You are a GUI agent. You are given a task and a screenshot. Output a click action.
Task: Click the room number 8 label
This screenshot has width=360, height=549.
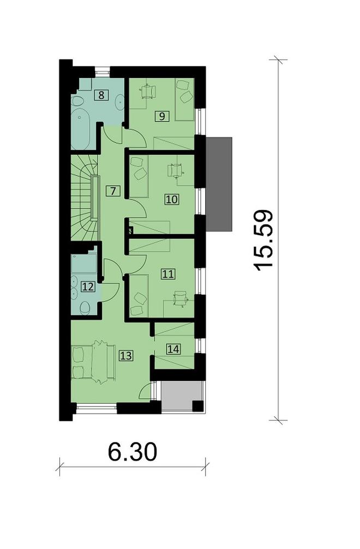pyautogui.click(x=101, y=95)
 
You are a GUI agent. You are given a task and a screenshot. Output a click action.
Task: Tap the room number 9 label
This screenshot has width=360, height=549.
pyautogui.click(x=161, y=116)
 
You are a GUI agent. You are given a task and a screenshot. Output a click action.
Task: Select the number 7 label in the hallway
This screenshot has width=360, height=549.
pyautogui.click(x=113, y=191)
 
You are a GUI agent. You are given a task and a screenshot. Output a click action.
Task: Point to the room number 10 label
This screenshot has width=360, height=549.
pyautogui.click(x=172, y=200)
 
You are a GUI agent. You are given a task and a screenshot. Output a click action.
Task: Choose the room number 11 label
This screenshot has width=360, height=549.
pyautogui.click(x=168, y=274)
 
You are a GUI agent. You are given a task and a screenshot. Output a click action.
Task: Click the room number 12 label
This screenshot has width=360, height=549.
pyautogui.click(x=88, y=287)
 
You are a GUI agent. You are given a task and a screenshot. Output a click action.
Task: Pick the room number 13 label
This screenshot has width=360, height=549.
pyautogui.click(x=126, y=356)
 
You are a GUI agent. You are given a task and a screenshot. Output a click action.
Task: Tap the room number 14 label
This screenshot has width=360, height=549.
pyautogui.click(x=173, y=349)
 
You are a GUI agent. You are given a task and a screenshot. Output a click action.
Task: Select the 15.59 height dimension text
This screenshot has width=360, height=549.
pyautogui.click(x=262, y=240)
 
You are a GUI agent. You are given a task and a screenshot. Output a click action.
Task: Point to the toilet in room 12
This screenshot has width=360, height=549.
pyautogui.click(x=85, y=308)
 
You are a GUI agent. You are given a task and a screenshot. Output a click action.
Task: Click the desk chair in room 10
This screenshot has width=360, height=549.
pyautogui.click(x=176, y=170)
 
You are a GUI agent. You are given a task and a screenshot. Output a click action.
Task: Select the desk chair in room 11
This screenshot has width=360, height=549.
pyautogui.click(x=181, y=299)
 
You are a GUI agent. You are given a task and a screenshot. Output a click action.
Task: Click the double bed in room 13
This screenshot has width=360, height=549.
pyautogui.click(x=93, y=362)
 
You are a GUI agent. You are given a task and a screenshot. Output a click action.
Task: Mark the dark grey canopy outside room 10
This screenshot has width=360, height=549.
pyautogui.click(x=219, y=184)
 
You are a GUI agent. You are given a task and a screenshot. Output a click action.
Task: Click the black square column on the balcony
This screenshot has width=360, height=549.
pyautogui.click(x=198, y=405)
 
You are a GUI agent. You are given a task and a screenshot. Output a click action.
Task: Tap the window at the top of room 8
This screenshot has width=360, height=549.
pyautogui.click(x=103, y=71)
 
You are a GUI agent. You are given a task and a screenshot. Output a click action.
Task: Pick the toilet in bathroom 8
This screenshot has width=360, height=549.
pyautogui.click(x=77, y=101)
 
